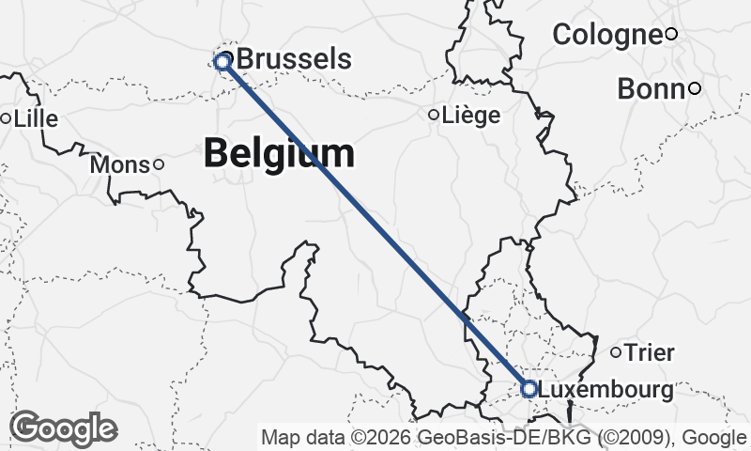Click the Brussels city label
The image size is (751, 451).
pos(295,60)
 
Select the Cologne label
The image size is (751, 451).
pos(606,35)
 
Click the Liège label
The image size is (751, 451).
pos(470,115)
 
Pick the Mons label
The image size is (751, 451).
pos(120,165)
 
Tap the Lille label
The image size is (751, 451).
pos(35,119)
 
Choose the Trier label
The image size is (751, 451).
pos(650,353)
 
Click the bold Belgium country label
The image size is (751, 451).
pos(280,152)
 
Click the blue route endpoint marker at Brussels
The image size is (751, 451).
pos(222,62)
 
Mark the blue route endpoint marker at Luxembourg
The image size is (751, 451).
pos(529,388)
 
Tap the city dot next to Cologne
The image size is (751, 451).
pos(671,35)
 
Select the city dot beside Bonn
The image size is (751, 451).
pos(695,89)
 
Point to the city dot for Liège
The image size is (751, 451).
pos(434,115)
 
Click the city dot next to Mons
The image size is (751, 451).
pos(158,165)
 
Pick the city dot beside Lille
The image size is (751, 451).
pos(6,119)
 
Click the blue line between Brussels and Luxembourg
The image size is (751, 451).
pos(375,225)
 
